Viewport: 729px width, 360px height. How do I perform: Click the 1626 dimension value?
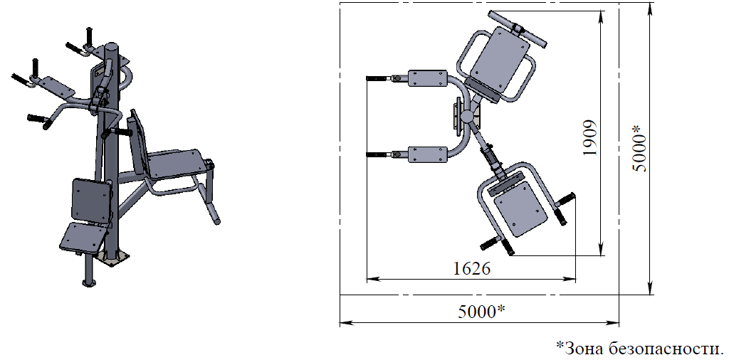[x=471, y=268]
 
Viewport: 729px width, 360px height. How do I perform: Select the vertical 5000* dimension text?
[x=640, y=148]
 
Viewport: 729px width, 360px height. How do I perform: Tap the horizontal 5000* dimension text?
[x=482, y=312]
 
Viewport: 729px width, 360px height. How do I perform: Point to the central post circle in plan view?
[x=467, y=116]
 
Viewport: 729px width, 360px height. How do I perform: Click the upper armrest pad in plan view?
[x=427, y=78]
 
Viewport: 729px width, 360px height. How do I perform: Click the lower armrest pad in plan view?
[x=427, y=154]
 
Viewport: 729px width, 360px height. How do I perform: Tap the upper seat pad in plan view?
[x=500, y=60]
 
